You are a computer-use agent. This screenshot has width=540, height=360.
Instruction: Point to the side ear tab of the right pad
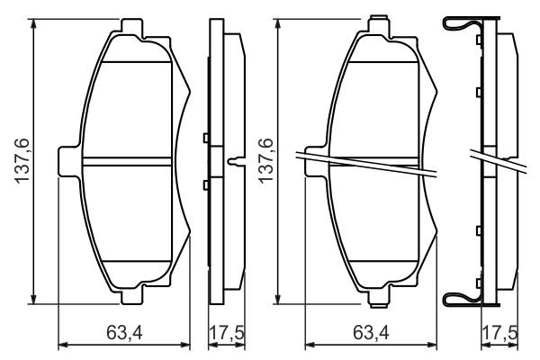pyautogui.click(x=315, y=162)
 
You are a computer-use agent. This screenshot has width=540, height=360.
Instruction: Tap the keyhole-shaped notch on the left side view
pyautogui.click(x=236, y=163)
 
